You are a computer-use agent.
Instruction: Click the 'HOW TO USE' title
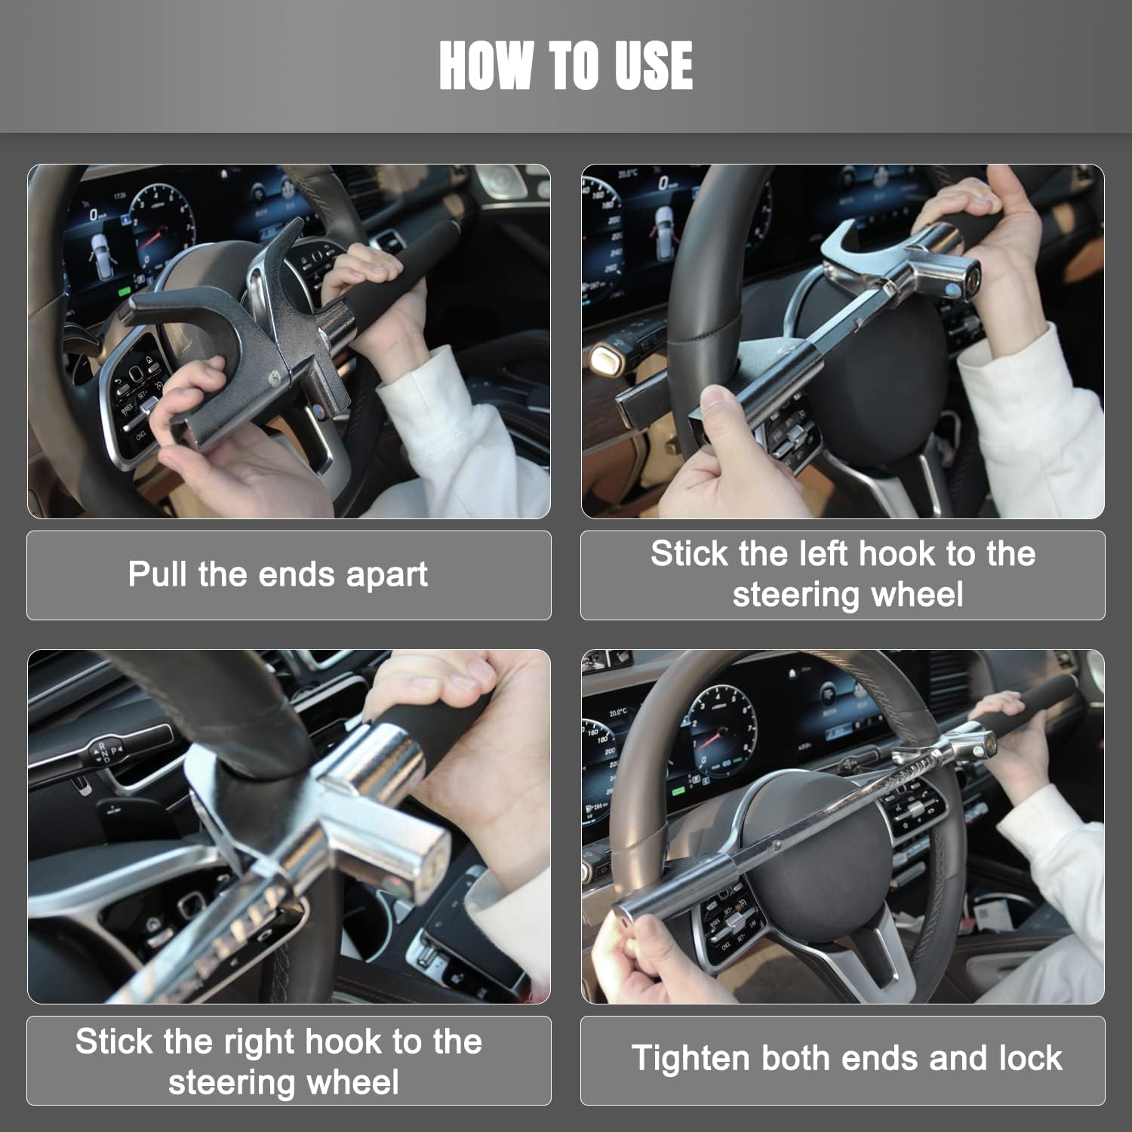[x=566, y=66]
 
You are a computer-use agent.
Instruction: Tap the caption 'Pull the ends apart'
[x=278, y=574]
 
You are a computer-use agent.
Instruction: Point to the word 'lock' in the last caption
[x=1029, y=1058]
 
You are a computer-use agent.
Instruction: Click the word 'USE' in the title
[x=654, y=66]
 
